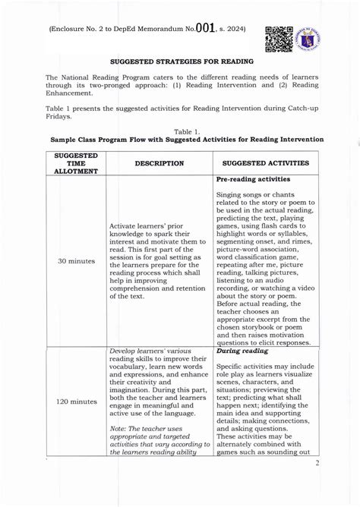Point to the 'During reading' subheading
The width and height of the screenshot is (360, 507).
[244, 352]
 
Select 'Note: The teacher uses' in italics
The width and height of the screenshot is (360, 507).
[147, 427]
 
